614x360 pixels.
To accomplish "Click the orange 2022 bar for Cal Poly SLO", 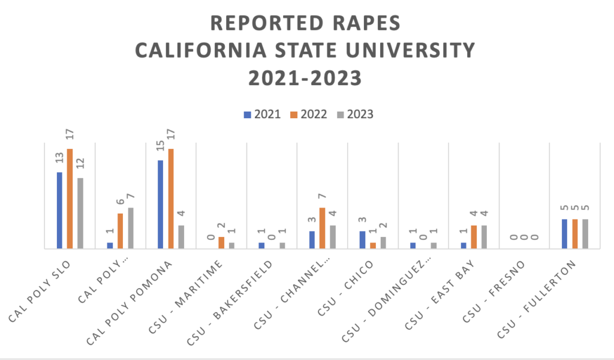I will (70, 198).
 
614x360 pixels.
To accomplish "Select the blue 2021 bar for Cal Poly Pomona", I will (160, 204).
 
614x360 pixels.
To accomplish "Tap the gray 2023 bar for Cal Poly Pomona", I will (181, 236).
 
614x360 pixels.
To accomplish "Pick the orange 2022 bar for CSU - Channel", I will (323, 227).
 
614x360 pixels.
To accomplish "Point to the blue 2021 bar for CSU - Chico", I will (362, 239).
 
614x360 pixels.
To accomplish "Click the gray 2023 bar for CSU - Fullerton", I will (585, 233).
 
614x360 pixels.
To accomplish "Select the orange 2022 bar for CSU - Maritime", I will (221, 242).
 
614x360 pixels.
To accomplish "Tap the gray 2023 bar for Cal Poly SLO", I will (80, 212).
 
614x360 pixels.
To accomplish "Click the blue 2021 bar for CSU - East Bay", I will (463, 245).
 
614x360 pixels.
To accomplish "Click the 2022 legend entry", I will (309, 114).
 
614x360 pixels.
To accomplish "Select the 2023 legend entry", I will (356, 114).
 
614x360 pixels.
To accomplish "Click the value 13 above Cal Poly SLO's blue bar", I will (60, 158).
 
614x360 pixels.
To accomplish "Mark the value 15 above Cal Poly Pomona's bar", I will (161, 146).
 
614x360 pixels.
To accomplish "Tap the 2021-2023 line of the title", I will (306, 77).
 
